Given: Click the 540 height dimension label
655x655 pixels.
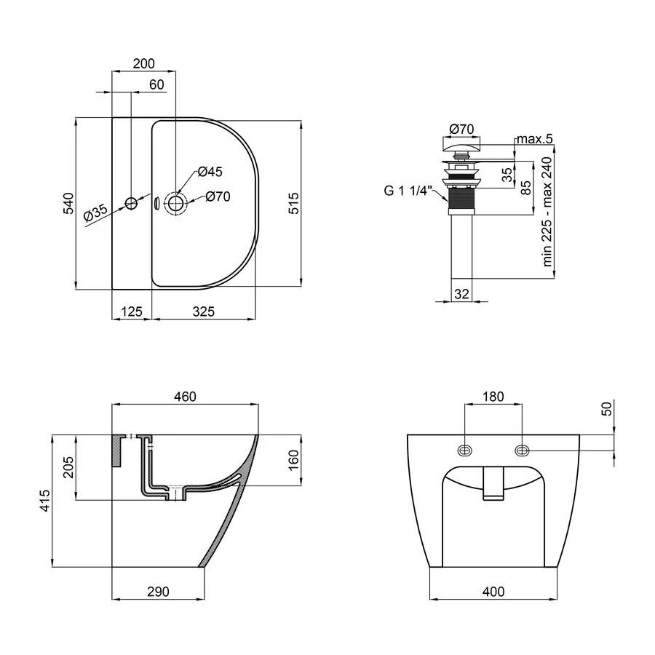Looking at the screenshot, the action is pos(68,204).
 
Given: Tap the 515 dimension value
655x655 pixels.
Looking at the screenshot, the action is pos(294,204).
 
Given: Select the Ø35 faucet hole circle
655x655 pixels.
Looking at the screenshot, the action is pos(131,204).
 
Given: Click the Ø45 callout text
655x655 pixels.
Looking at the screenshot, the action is pos(210,171).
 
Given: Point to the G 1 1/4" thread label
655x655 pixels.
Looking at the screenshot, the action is pos(408,191).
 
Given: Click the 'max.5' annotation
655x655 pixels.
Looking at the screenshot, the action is pos(535,139).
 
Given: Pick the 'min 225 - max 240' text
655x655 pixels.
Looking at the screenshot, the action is pos(547,212).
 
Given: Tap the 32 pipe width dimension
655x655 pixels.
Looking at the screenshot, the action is pos(461,294).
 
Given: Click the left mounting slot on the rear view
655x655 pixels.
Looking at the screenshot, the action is pos(465,450).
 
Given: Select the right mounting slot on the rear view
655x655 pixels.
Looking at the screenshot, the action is pos(522,450).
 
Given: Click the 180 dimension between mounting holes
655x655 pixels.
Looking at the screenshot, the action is pos(493,397).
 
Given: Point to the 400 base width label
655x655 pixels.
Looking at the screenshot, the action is pos(493,592).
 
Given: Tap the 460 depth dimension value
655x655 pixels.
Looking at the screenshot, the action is pos(185,397).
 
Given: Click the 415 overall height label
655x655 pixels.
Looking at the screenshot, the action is pos(44,501).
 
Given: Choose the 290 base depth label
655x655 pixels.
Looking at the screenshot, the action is pos(159,592).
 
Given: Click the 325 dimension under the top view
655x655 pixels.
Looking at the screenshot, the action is pos(204,311).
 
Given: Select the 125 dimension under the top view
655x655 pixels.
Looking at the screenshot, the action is pos(132,311).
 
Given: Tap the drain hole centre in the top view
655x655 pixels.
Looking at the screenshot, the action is pos(176,204).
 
